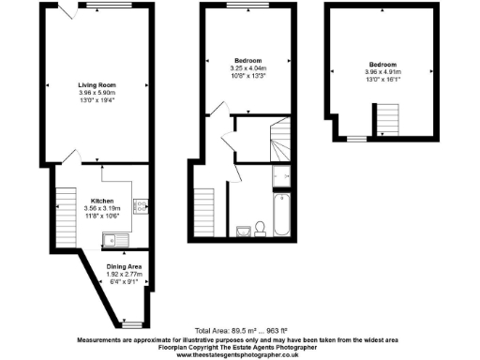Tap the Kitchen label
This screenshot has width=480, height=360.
(x=101, y=201)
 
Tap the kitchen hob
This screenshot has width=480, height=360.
(x=140, y=203)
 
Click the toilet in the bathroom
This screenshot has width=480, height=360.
(x=242, y=228)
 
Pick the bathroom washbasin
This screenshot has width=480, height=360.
(x=261, y=229)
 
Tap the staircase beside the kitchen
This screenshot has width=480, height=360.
(x=65, y=213)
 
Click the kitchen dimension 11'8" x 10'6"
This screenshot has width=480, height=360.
(x=101, y=216)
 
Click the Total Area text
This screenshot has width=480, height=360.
(x=240, y=331)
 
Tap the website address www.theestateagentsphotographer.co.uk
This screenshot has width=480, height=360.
(x=240, y=354)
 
